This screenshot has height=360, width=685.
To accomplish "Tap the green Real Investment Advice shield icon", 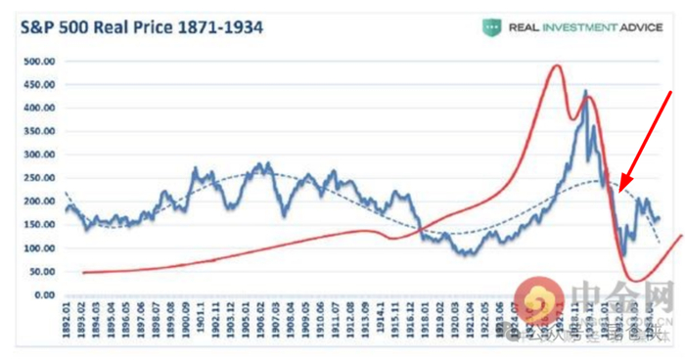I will coord(491,27).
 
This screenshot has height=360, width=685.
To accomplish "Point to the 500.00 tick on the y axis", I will coord(37,61).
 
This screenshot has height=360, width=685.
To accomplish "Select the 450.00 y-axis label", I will coord(37,84).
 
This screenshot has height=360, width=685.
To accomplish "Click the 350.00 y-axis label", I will coord(37,131).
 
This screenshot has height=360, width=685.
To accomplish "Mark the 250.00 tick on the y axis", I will coord(37,178).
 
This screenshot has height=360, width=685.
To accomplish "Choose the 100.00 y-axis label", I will coord(37,248).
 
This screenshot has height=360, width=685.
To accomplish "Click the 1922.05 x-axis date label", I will coord(480,323).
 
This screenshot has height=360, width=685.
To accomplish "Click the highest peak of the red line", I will coord(557,66).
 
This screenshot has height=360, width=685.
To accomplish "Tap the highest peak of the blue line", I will coord(586,92).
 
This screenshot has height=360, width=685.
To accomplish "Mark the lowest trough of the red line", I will coord(637,281).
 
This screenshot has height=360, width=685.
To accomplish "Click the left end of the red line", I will coord(84,273).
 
